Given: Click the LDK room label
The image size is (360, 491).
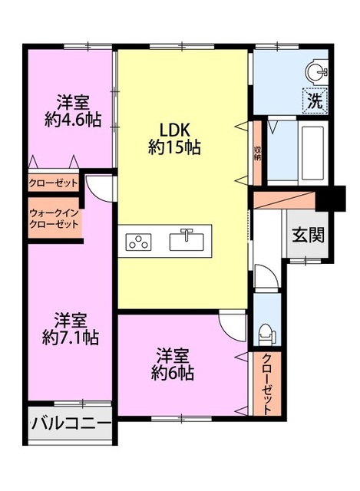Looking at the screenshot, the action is click(x=175, y=130).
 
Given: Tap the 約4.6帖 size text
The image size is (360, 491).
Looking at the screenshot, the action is click(x=73, y=120).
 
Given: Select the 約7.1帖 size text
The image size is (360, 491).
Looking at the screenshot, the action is click(x=71, y=338).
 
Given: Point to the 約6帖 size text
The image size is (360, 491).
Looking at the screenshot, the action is click(x=173, y=373).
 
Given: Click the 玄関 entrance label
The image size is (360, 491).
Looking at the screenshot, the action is click(x=308, y=235).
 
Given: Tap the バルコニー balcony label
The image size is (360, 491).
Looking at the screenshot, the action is click(x=71, y=424).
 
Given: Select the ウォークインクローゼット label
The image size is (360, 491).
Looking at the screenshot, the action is click(x=54, y=219).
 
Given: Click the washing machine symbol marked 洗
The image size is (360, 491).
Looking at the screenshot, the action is click(x=315, y=101).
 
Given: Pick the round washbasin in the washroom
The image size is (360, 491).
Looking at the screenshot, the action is click(x=316, y=72).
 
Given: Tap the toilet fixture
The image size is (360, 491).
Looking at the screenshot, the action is click(x=266, y=334).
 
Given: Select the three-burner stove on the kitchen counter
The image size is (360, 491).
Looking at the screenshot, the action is click(x=138, y=242).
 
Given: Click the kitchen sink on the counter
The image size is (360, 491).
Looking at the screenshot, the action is click(x=187, y=240).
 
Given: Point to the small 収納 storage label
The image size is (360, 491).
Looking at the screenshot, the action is click(x=258, y=153).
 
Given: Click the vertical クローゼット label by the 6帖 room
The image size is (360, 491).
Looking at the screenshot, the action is click(x=266, y=384).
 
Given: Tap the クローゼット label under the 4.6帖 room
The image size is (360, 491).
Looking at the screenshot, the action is click(x=53, y=183).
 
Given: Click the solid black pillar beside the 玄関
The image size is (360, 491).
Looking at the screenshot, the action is click(x=331, y=198).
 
